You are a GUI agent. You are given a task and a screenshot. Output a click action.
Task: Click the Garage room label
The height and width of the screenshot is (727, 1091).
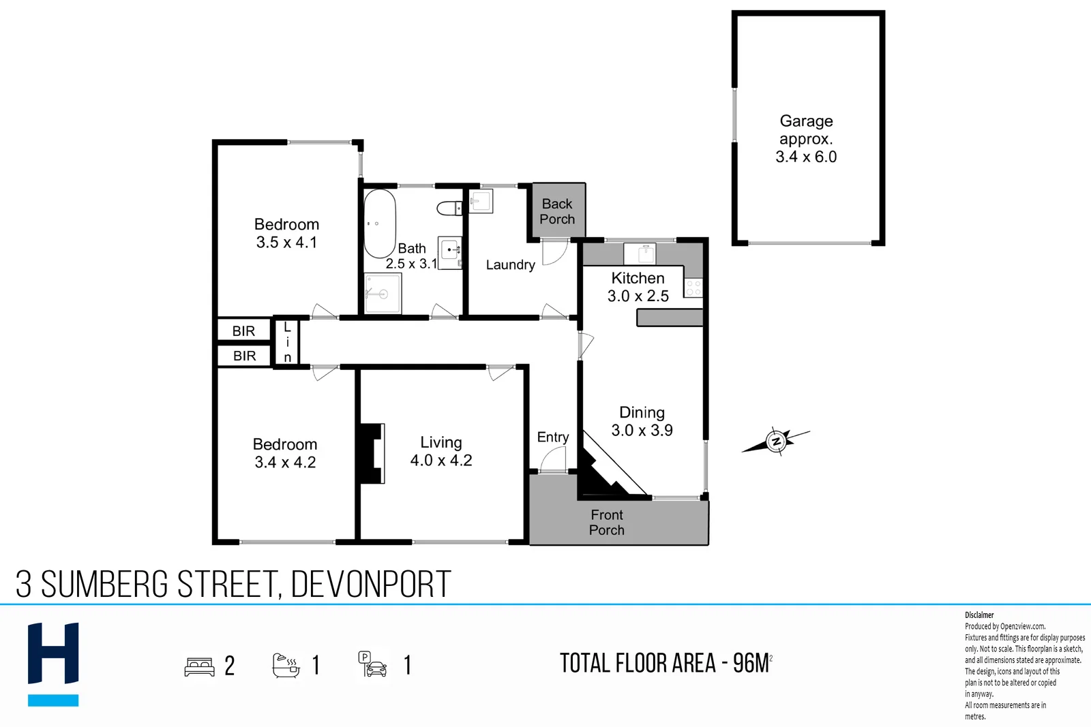tap(806, 121)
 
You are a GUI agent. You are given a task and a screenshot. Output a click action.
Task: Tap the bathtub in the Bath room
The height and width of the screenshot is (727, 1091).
tap(379, 223)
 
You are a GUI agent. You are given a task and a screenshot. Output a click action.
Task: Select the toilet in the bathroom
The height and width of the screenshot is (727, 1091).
tap(449, 208)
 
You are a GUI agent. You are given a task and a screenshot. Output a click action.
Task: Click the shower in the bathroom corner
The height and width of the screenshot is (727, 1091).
tap(382, 294)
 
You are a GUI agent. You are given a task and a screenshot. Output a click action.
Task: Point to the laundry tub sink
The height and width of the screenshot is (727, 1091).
tap(480, 201)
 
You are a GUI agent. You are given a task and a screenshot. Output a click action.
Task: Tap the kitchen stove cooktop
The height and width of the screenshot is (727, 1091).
tap(693, 288)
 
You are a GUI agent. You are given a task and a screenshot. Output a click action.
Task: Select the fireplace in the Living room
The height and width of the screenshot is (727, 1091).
tap(372, 453)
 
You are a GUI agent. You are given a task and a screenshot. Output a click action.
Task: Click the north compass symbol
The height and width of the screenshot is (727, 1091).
tap(776, 442)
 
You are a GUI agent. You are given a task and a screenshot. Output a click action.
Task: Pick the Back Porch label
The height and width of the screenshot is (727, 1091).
tap(557, 211)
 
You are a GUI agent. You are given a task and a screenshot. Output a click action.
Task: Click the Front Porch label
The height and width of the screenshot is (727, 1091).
tap(607, 523)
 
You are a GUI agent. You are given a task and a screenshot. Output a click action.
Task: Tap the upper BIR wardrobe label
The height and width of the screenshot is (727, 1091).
tap(243, 331)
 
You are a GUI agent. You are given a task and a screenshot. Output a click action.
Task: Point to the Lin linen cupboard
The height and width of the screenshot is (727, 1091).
tap(287, 342)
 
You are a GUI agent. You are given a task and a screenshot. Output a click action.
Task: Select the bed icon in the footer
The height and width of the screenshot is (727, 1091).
tap(199, 666)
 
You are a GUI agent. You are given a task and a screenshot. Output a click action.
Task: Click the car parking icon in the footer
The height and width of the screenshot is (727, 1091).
tap(373, 664)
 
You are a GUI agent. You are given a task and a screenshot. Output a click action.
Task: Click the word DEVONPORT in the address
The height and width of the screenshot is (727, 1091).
tap(371, 585)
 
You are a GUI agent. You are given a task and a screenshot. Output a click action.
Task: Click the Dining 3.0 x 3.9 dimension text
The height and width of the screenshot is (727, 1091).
tap(642, 431)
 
